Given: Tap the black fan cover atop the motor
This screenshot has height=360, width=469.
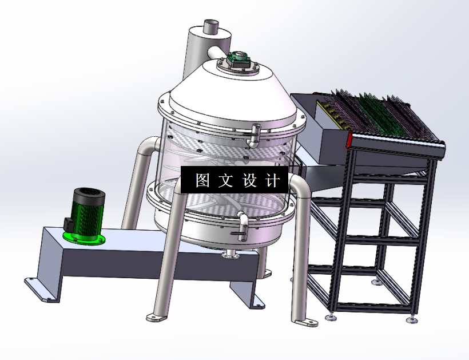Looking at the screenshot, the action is [89, 195].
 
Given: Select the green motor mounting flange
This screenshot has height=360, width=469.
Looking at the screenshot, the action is [84, 239].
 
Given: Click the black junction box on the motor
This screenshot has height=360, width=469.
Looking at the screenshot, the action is [69, 224].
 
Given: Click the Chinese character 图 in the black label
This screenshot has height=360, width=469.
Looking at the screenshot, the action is [202, 180].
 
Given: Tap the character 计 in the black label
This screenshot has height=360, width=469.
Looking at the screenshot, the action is [272, 180].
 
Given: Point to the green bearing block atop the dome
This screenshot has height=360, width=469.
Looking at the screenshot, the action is [238, 58].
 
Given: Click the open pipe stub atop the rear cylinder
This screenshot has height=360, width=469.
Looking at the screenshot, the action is [211, 27].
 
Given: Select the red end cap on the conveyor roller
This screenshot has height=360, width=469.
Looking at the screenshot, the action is [349, 140].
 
